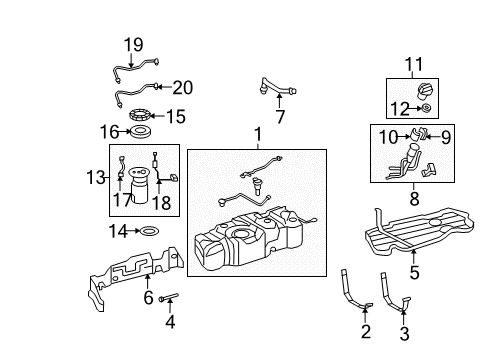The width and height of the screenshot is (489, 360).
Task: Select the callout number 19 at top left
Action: pos(133,46)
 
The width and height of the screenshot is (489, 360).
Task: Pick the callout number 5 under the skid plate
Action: pos(413,271)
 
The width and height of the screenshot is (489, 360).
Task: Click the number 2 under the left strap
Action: pos(365,331)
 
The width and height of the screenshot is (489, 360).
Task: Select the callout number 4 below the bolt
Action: pos(170,322)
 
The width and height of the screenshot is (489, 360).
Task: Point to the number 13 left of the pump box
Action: pos(96,177)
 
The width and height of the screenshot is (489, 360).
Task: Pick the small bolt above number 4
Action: pos(169,297)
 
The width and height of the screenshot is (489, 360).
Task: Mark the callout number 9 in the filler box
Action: pos(447,135)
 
